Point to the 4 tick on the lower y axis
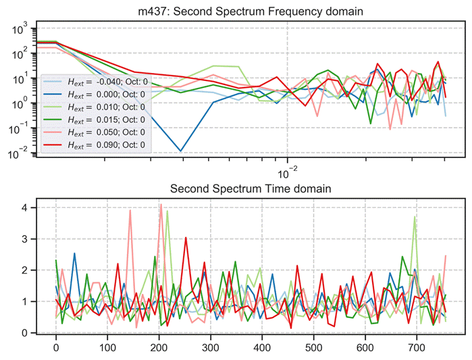click(x=23, y=208)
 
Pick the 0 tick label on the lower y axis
click(x=23, y=333)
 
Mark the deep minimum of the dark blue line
click(x=180, y=151)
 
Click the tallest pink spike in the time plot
click(x=160, y=204)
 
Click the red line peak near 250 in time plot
click(x=185, y=236)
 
